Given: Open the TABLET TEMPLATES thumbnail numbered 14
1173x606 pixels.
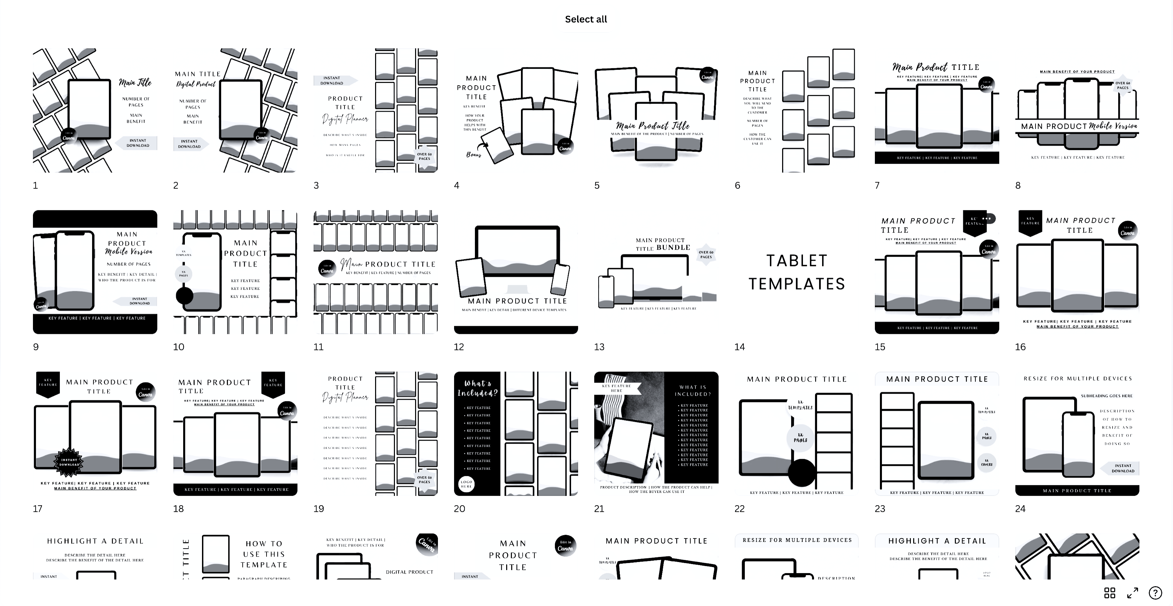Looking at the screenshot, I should [x=797, y=272].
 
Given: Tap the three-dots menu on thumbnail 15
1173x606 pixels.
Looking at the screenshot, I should [x=986, y=218].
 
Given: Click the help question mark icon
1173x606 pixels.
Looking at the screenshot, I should [x=1155, y=593].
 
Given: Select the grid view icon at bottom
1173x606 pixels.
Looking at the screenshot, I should [x=1110, y=593].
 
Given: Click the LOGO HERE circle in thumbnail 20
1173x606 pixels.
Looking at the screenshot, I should [x=466, y=484].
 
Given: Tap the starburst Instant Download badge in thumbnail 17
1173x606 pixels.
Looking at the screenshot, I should [x=69, y=462].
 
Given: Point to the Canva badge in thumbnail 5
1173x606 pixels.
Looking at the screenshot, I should [x=707, y=75].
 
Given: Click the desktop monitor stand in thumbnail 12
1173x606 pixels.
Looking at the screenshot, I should [x=517, y=289].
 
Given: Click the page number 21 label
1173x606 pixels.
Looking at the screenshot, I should [x=599, y=509].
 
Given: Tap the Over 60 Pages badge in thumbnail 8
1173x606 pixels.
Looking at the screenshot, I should [x=1123, y=85].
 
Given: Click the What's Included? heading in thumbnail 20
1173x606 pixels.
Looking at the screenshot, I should [x=477, y=388].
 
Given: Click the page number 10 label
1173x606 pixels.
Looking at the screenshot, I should [x=178, y=347].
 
